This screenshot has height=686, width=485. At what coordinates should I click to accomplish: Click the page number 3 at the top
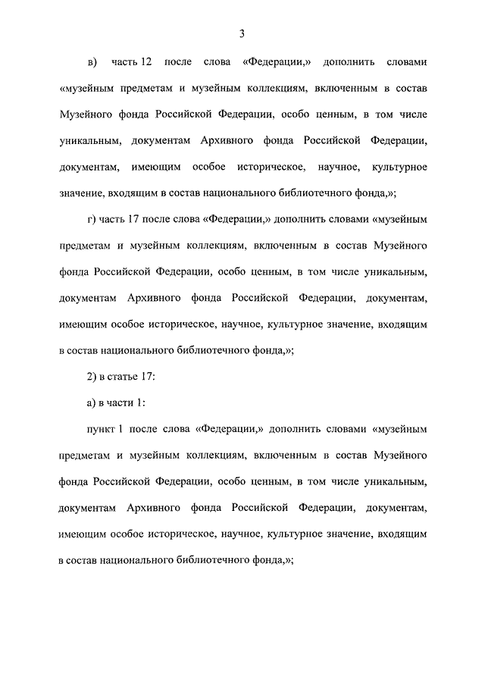click(242, 33)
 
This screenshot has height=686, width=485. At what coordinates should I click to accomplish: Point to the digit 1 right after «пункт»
click(121, 429)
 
